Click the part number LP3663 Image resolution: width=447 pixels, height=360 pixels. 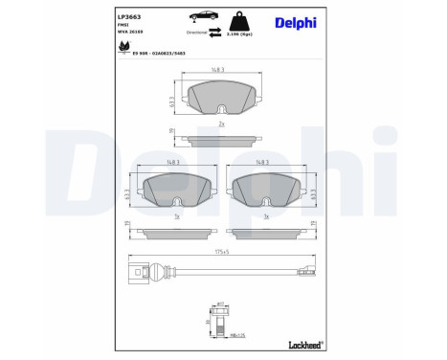pyautogui.click(x=130, y=17)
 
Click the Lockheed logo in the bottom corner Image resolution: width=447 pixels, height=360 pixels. pyautogui.click(x=304, y=344)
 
